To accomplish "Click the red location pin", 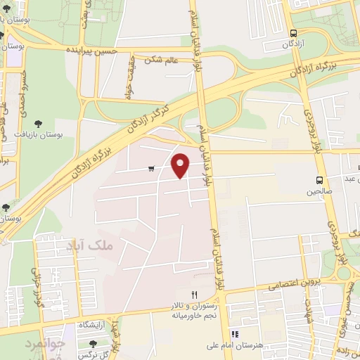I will (181, 165).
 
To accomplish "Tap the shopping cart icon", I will (152, 168).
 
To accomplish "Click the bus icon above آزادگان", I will (293, 32).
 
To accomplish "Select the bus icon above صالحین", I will (319, 179).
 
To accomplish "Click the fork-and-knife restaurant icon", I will (195, 295).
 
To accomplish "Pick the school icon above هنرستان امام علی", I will (236, 333).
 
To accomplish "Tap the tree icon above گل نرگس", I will (94, 343).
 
